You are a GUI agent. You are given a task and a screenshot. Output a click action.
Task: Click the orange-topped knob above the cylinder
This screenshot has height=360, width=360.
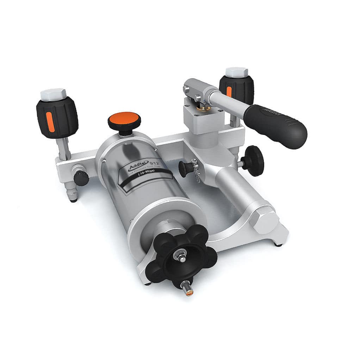coord(124,119)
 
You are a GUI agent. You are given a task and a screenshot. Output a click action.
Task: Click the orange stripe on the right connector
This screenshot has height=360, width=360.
coord(229,91)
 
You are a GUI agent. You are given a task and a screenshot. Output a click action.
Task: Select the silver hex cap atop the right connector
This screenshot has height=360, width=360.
coord(237,72)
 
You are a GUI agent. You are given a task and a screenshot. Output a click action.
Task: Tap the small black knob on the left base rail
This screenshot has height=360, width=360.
coord(81,178)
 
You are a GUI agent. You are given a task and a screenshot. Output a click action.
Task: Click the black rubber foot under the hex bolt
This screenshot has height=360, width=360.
coord(278,243)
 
